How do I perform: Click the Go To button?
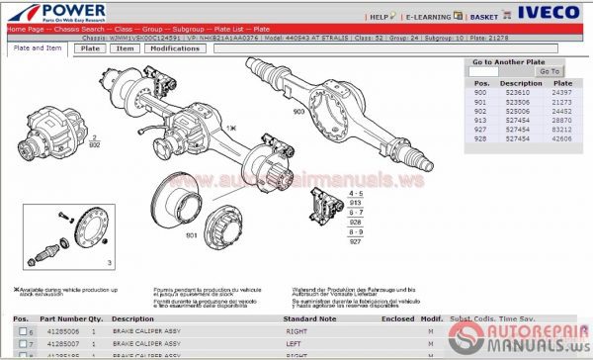550,71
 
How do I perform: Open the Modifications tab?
173,48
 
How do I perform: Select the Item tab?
125,48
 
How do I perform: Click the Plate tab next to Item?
91,48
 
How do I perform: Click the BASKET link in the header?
484,18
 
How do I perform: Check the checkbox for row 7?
22,342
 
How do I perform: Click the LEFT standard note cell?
293,342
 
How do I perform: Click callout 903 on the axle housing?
297,114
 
